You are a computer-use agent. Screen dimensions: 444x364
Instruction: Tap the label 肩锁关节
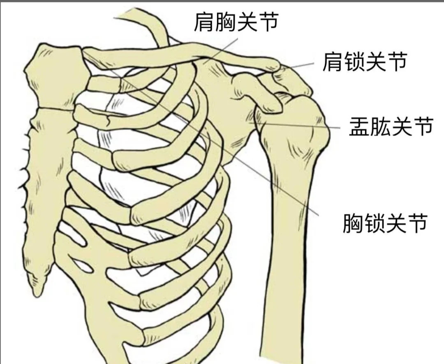(x=365, y=62)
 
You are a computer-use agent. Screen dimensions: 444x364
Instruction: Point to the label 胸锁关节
(x=385, y=224)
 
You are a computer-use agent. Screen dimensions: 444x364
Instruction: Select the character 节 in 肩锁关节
(x=397, y=62)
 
